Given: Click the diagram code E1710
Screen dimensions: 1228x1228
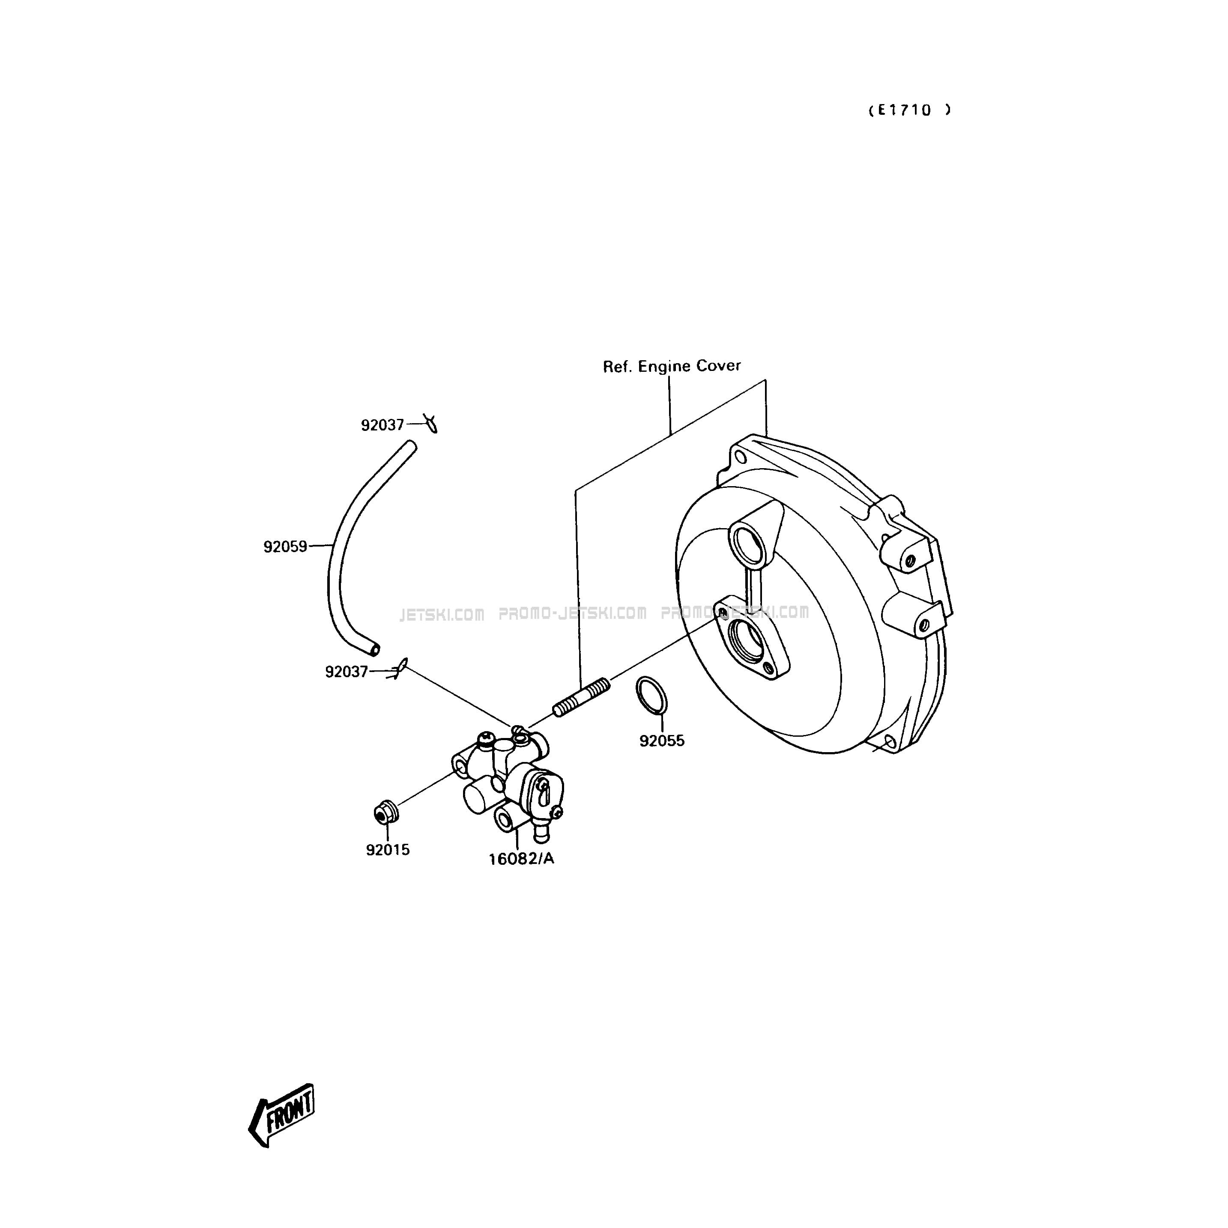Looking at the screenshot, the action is pos(910,110).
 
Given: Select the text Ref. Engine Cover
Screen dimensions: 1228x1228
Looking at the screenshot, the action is pos(672,366).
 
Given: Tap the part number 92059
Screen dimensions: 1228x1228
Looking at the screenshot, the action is pos(285,547).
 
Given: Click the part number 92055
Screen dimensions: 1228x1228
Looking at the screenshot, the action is pos(662,741).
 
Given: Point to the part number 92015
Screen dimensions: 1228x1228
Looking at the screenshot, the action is pos(388,850).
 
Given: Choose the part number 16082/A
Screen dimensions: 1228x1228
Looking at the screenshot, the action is pos(521,859).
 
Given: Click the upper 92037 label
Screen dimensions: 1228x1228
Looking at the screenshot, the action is pos(382,425).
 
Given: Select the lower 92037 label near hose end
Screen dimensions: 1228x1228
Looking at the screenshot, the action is pos(347,672).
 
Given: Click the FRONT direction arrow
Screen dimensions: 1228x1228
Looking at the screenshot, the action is pos(281,1124).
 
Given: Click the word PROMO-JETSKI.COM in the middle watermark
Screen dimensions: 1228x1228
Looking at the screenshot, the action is pos(573,613).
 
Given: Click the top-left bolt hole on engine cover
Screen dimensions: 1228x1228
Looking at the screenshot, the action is pos(739,457).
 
